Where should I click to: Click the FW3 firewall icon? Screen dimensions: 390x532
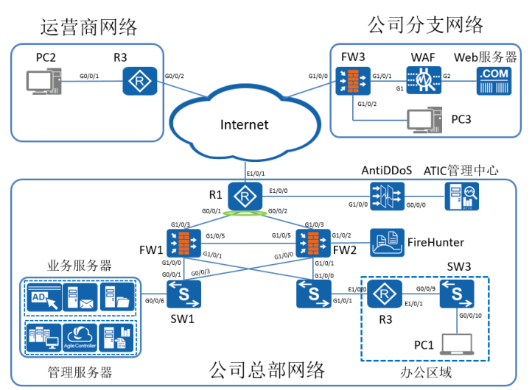pyautogui.click(x=349, y=80)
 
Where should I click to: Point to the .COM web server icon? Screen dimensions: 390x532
pyautogui.click(x=492, y=80)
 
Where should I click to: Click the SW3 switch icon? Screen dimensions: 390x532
pyautogui.click(x=457, y=294)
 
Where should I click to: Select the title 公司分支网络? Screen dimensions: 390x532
pyautogui.click(x=425, y=25)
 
